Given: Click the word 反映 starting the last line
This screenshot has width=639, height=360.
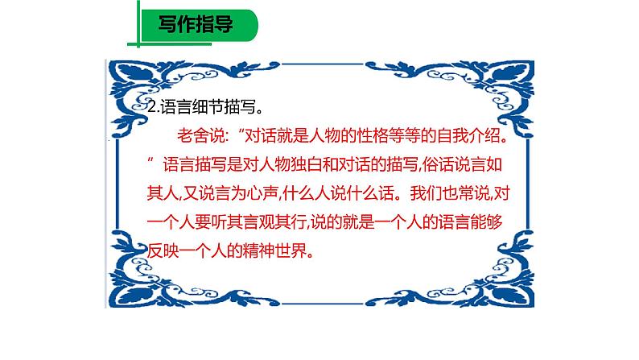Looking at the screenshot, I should [166, 251].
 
